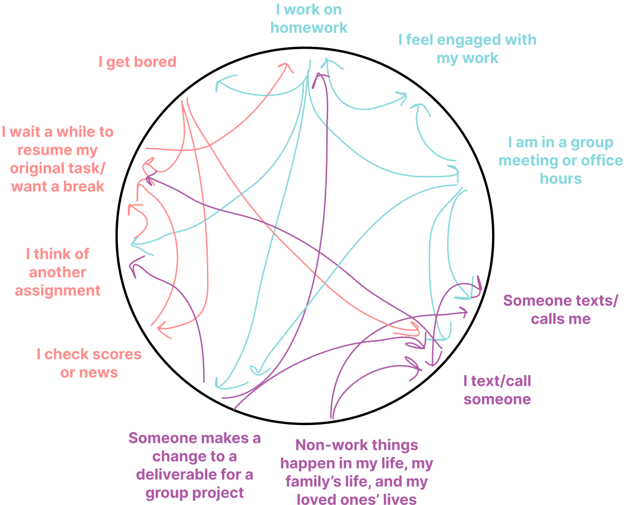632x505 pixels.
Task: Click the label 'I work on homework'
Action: pos(309,19)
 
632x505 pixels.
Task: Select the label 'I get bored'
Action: pos(137,62)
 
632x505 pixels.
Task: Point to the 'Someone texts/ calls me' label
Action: pos(560,310)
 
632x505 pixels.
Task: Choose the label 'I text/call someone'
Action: pos(497,390)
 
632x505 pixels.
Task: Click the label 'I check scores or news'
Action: pos(89,363)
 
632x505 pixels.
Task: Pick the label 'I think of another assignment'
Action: pos(58,272)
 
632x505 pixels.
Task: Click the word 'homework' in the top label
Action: pos(309,28)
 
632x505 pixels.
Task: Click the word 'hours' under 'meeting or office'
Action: pos(560,179)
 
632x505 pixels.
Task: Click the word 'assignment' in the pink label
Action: pos(58,290)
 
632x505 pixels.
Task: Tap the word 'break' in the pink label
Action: pos(84,187)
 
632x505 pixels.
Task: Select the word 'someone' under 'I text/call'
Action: pos(497,399)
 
